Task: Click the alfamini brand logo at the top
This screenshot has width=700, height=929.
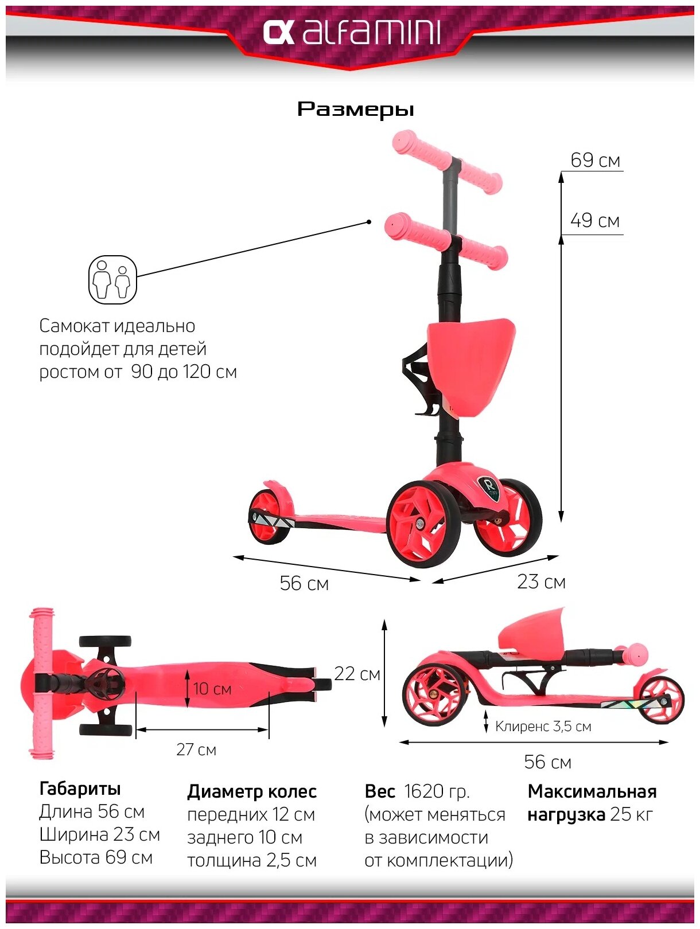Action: click(x=351, y=33)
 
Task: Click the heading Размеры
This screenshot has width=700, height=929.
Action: click(x=355, y=109)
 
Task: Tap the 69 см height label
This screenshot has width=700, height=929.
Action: click(x=595, y=161)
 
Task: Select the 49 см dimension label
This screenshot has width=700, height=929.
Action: click(x=595, y=221)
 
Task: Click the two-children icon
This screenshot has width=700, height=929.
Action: click(x=112, y=280)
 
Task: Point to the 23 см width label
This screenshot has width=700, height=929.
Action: click(x=540, y=582)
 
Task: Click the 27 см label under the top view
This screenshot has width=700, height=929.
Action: click(x=196, y=750)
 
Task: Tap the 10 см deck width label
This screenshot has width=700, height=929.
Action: click(x=212, y=689)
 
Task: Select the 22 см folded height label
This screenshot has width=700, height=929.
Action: click(x=357, y=674)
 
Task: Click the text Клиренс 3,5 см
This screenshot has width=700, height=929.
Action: click(x=543, y=727)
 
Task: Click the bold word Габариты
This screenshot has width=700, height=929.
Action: click(x=80, y=789)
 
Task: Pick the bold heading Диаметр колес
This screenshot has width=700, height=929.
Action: click(x=252, y=792)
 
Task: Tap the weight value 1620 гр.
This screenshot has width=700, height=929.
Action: click(x=437, y=791)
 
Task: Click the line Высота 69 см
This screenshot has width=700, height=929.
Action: click(x=96, y=858)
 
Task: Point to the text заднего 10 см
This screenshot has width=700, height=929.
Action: click(x=244, y=837)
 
